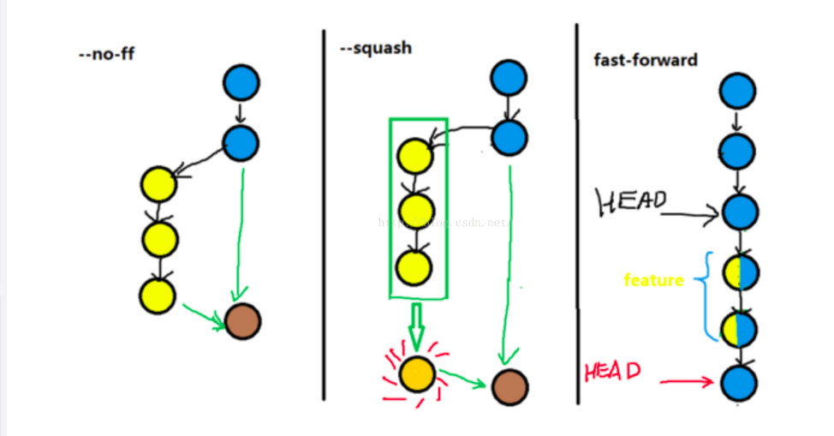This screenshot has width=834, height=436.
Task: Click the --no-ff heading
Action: pos(106,53)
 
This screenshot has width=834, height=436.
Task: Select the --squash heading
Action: pos(376,48)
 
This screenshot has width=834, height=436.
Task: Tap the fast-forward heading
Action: pos(645,60)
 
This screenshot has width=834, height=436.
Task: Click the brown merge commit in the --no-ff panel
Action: pos(242,322)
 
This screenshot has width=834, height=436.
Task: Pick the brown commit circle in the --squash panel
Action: pos(509,387)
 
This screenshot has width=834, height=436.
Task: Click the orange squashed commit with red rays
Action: pos(416,373)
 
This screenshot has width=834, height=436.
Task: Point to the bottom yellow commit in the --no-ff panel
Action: pos(157,296)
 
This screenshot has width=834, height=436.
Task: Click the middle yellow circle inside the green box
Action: pos(414,209)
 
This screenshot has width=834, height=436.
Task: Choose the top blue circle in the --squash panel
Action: pos(509,77)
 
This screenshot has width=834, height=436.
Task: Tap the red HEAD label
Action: pos(611,372)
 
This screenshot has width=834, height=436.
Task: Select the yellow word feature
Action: pos(653,280)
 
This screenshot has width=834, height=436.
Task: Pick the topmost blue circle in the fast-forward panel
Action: pos(736,91)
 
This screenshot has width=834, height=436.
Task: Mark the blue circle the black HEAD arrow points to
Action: pos(738,211)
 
